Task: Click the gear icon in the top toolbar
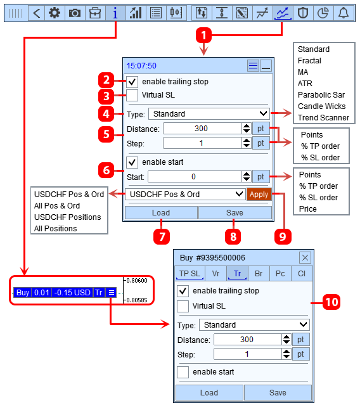pos(55,13)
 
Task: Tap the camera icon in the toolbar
pos(75,13)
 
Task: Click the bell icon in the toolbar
pos(344,13)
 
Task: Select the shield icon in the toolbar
pos(303,13)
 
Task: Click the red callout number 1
pos(203,35)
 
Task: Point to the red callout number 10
pos(331,302)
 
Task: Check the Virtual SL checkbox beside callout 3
pos(132,95)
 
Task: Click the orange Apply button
pos(259,195)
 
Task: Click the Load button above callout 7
pos(161,212)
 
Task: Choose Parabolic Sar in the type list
pos(321,94)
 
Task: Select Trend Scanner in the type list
pos(323,118)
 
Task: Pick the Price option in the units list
pos(308,209)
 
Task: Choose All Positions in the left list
pos(55,229)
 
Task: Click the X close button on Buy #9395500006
pos(305,258)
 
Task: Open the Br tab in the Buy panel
pos(259,274)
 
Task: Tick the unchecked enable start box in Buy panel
pos(183,372)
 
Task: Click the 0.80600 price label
pos(137,281)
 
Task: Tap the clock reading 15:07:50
pos(141,66)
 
